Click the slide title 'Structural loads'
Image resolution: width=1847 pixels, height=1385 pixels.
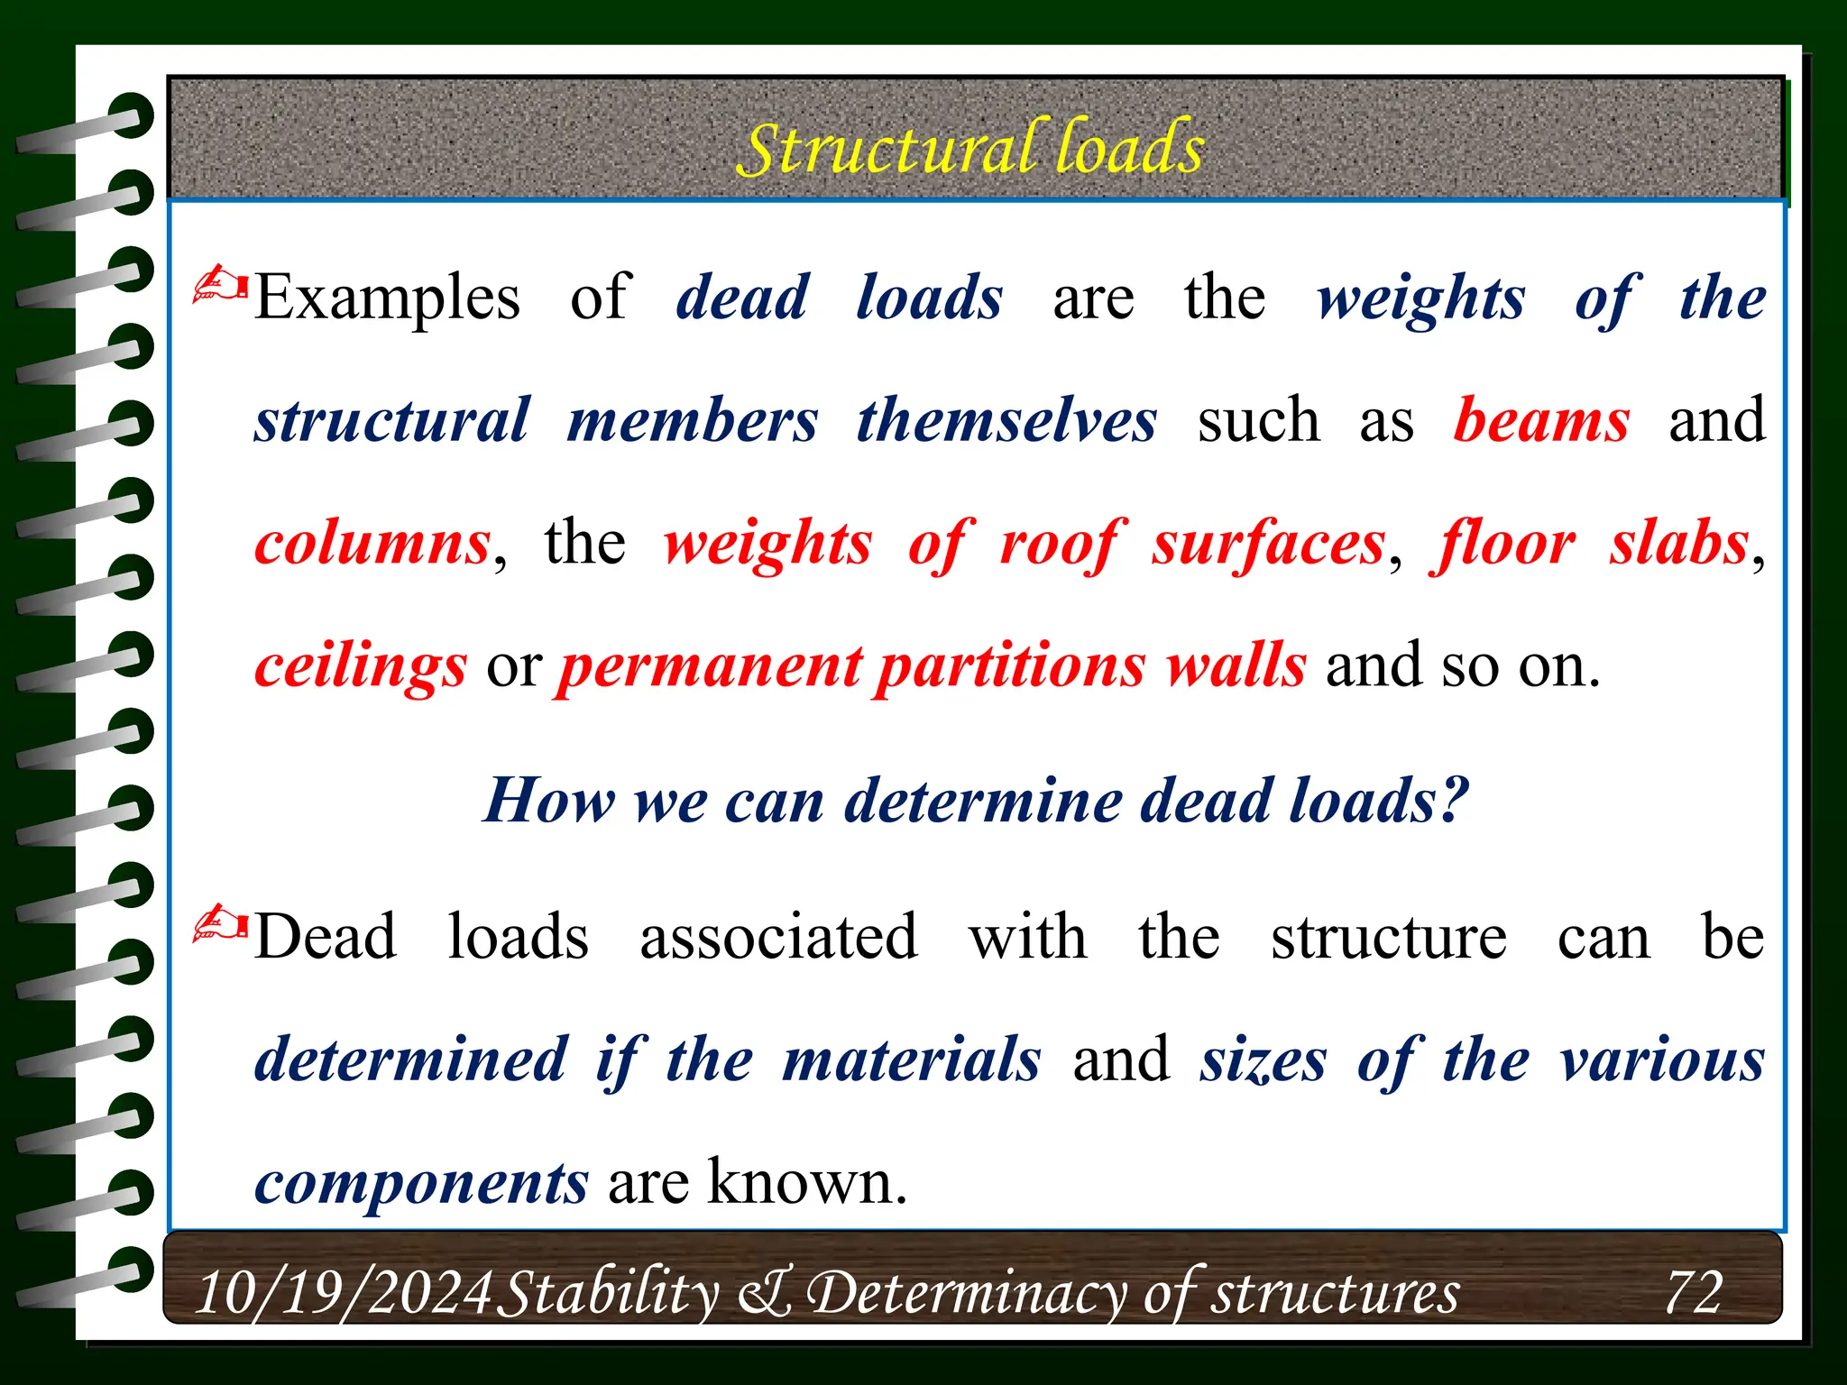click(x=970, y=149)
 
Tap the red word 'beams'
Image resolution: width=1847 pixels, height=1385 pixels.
click(x=1541, y=421)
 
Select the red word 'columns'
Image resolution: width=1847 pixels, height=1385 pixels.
click(x=372, y=544)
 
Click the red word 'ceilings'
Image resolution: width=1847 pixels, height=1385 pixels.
click(x=361, y=667)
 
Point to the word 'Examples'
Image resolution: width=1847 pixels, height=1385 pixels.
click(x=387, y=298)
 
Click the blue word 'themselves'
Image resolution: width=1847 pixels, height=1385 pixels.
click(x=1006, y=421)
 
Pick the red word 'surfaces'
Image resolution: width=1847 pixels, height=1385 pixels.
click(x=1267, y=544)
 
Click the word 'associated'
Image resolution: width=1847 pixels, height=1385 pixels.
click(x=778, y=937)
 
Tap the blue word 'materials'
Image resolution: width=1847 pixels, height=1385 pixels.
click(x=911, y=1059)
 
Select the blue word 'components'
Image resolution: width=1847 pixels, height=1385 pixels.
click(x=421, y=1183)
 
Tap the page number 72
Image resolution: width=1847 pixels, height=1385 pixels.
click(x=1693, y=1292)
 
